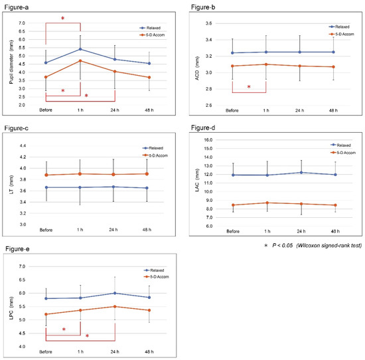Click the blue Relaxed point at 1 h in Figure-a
tap(80, 48)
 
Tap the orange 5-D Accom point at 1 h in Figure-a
tap(80, 60)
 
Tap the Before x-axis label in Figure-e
tap(46, 352)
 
